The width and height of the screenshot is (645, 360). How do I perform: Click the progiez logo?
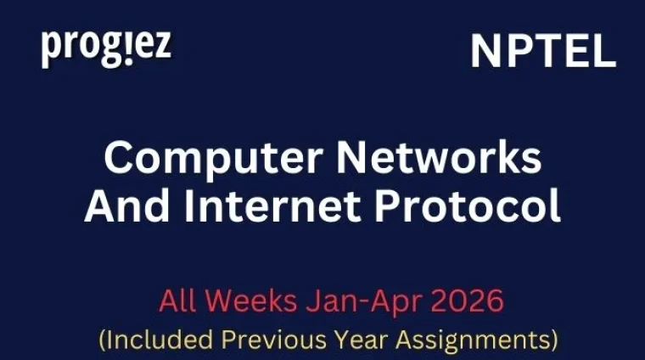[105, 48]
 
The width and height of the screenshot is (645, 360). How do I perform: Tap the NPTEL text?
[542, 53]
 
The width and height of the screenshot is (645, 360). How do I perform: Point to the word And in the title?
[121, 206]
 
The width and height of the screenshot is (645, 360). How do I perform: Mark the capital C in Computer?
[119, 158]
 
